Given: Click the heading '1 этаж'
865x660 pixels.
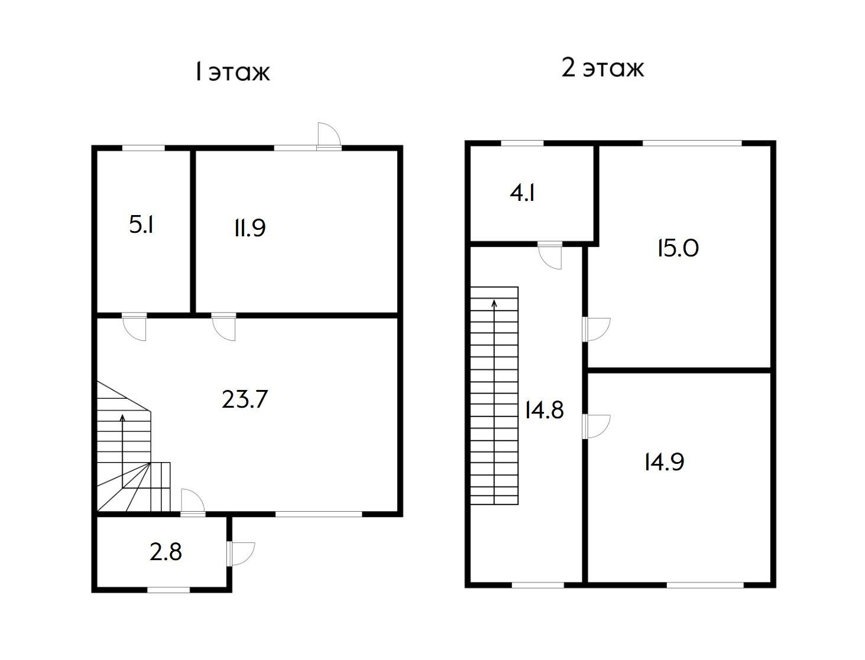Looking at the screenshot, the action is click(x=232, y=72).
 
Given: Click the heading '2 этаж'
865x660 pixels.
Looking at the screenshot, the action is click(x=602, y=68).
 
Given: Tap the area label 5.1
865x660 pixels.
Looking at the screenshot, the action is click(x=141, y=226).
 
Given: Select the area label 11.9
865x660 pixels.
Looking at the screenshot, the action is click(x=250, y=228).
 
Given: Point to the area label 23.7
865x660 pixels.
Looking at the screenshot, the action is click(x=245, y=399).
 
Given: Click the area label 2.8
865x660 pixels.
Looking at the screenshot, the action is click(x=166, y=552).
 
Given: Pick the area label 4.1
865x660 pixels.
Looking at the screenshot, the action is click(x=522, y=193).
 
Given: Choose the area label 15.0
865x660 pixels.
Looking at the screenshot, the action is click(x=678, y=249).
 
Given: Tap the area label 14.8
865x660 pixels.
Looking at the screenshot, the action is click(x=544, y=410).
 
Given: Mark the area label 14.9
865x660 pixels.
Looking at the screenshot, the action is click(x=665, y=462).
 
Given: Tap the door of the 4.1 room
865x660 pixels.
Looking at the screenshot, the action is click(x=550, y=256).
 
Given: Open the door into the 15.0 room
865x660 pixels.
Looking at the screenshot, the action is click(x=596, y=329).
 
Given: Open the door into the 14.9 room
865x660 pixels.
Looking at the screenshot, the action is click(x=596, y=426).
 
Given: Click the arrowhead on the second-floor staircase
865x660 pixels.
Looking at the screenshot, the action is click(x=494, y=303).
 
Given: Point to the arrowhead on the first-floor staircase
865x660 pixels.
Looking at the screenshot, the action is click(x=122, y=417).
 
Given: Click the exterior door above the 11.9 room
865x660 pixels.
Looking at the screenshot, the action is click(x=329, y=136).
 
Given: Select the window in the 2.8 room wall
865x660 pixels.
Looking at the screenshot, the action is click(x=169, y=590).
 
